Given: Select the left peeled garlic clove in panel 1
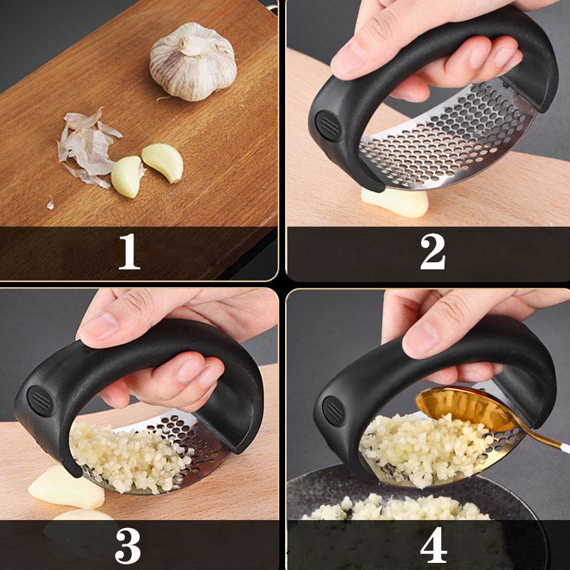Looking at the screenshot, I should (x=127, y=176).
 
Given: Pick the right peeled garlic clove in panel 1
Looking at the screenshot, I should (x=163, y=162).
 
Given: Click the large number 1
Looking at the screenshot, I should (x=129, y=252).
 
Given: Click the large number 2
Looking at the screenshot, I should (x=432, y=252).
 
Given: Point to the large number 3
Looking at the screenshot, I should (x=128, y=545).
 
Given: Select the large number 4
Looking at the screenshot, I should (x=432, y=545).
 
